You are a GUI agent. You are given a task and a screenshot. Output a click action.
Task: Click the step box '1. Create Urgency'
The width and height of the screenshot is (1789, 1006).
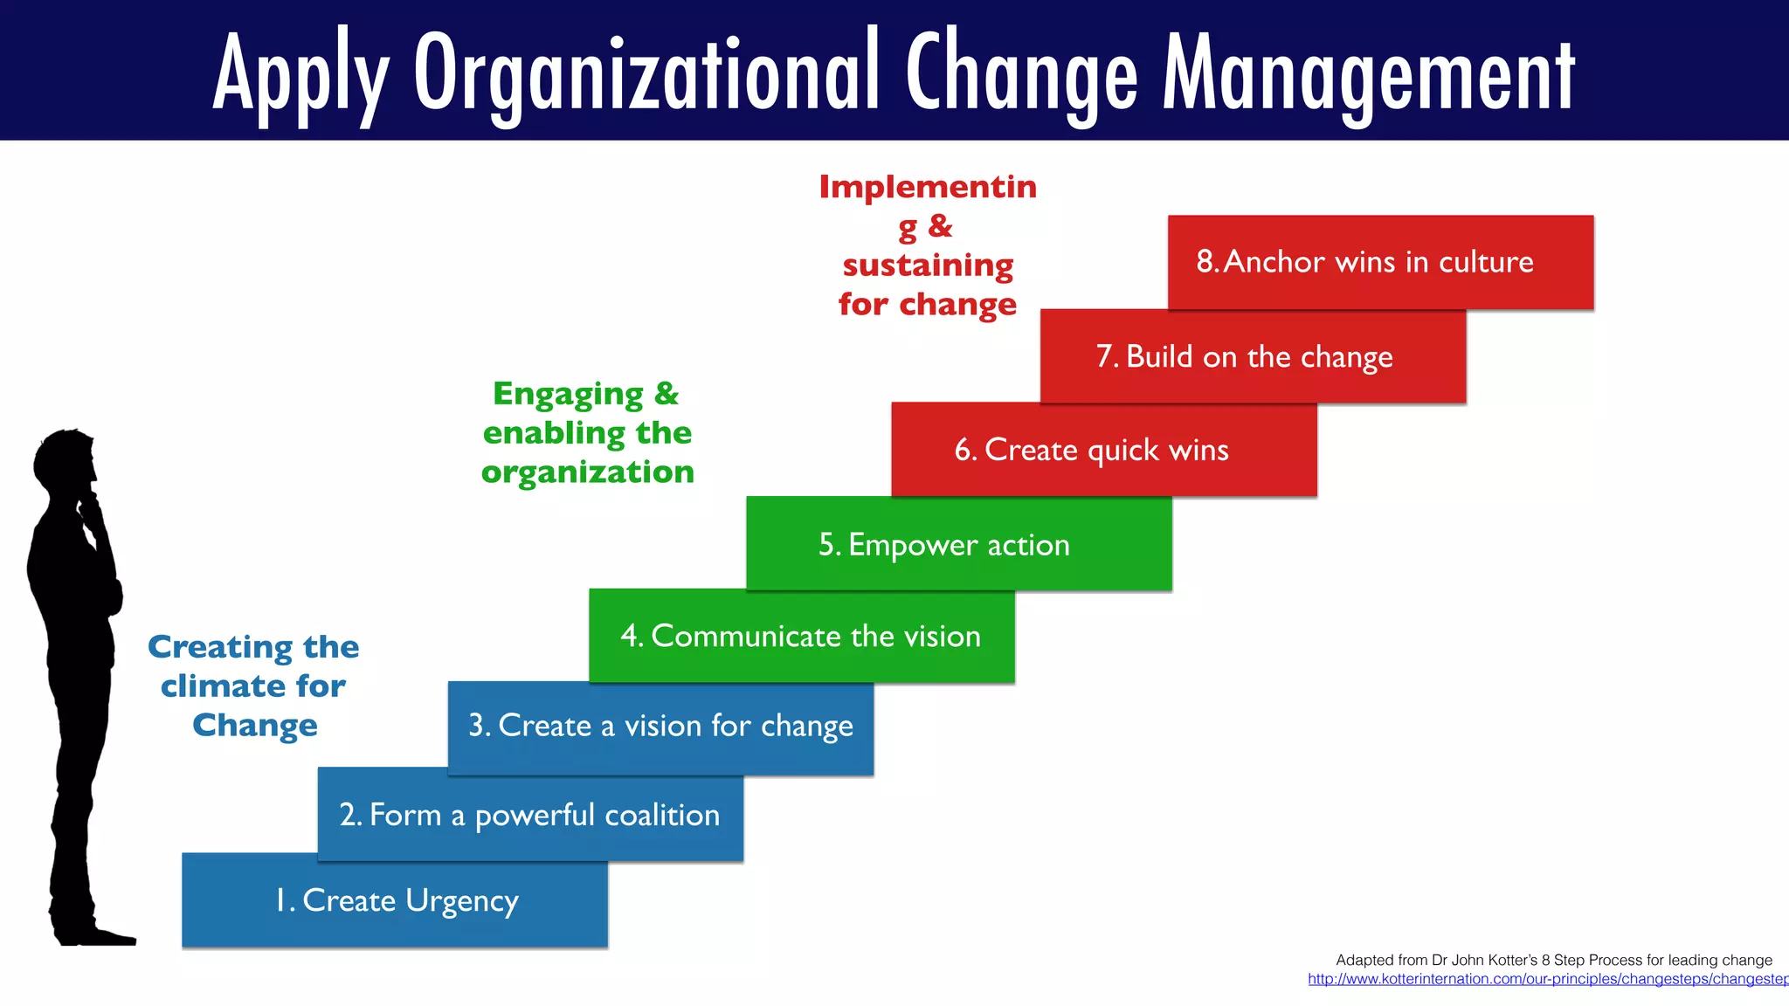(x=395, y=900)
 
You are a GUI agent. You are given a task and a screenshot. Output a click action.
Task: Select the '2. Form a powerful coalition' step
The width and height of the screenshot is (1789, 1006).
(x=530, y=815)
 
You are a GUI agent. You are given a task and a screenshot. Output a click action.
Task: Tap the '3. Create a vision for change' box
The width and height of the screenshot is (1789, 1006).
(x=660, y=727)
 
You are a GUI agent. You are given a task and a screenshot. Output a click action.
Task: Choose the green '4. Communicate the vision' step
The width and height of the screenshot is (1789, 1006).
(x=801, y=636)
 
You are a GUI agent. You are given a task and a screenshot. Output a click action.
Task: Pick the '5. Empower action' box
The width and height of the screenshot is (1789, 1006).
(x=958, y=544)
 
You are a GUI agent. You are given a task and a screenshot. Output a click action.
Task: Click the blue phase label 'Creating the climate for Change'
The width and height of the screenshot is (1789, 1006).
(x=253, y=686)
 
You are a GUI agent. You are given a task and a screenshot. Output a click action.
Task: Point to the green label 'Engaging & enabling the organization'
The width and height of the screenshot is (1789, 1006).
(x=587, y=433)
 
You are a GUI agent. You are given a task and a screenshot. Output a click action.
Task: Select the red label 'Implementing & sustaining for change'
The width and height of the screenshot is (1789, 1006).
(x=928, y=245)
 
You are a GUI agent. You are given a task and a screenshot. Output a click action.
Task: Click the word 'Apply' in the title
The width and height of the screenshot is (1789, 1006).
(x=300, y=74)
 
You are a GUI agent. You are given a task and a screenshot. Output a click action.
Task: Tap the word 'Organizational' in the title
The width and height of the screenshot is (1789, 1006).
(x=646, y=74)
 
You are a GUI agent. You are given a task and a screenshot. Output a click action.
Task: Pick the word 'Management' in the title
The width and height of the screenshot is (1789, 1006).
(x=1368, y=74)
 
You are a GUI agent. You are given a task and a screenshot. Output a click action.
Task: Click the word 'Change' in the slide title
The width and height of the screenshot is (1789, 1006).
(x=1021, y=74)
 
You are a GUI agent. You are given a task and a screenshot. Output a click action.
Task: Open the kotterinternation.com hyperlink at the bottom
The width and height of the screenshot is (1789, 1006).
(x=1546, y=980)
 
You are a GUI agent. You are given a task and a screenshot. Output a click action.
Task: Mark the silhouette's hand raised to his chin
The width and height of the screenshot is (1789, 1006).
(x=89, y=506)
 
